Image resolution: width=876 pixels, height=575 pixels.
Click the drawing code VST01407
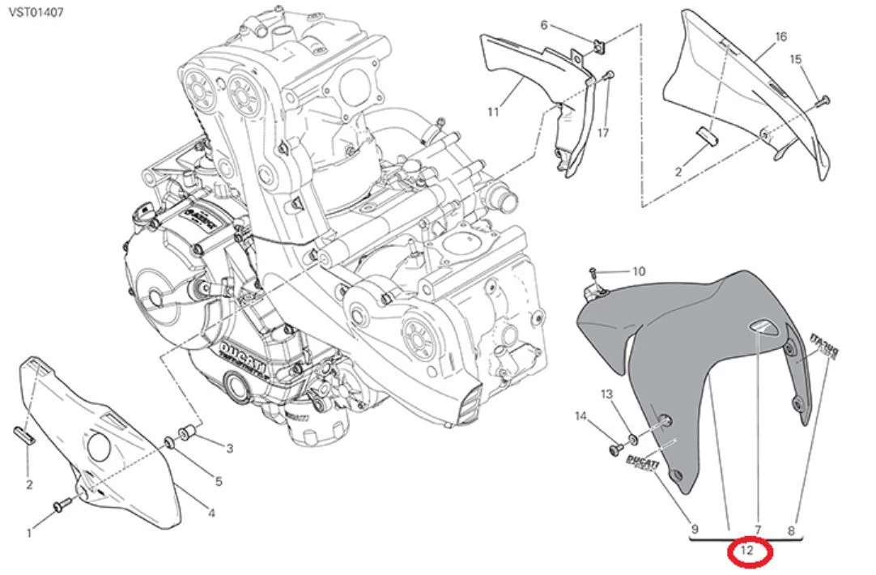pyautogui.click(x=37, y=13)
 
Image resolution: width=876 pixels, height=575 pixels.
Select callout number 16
pyautogui.click(x=780, y=37)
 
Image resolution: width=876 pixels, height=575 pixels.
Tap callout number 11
pyautogui.click(x=493, y=112)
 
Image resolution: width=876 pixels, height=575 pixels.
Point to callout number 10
pyautogui.click(x=639, y=271)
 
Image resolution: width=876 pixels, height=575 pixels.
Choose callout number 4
pyautogui.click(x=210, y=512)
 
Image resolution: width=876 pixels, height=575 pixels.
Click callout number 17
pyautogui.click(x=602, y=132)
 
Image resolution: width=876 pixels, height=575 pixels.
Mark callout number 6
pyautogui.click(x=544, y=25)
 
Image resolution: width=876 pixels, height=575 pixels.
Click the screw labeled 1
pyautogui.click(x=60, y=506)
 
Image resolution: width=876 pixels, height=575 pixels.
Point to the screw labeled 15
pyautogui.click(x=823, y=100)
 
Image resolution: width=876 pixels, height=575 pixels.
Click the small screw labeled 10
pyautogui.click(x=593, y=270)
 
